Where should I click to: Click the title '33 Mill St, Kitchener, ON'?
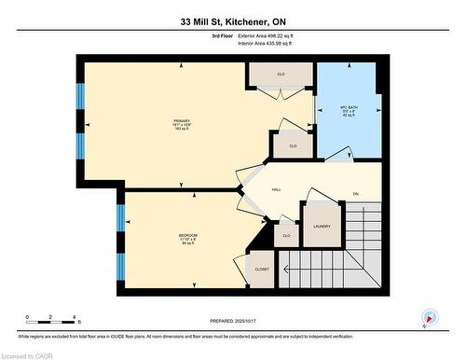click(x=232, y=20)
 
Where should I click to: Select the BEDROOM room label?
click(x=187, y=234)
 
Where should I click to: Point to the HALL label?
click(x=276, y=190)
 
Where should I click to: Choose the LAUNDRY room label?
click(x=322, y=226)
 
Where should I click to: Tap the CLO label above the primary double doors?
click(x=280, y=74)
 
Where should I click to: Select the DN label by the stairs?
click(x=355, y=194)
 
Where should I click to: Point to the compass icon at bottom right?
click(x=428, y=317)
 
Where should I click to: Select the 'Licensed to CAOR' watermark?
click(x=28, y=354)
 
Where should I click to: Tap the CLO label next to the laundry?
click(x=286, y=236)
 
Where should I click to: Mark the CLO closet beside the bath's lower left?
click(x=292, y=145)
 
